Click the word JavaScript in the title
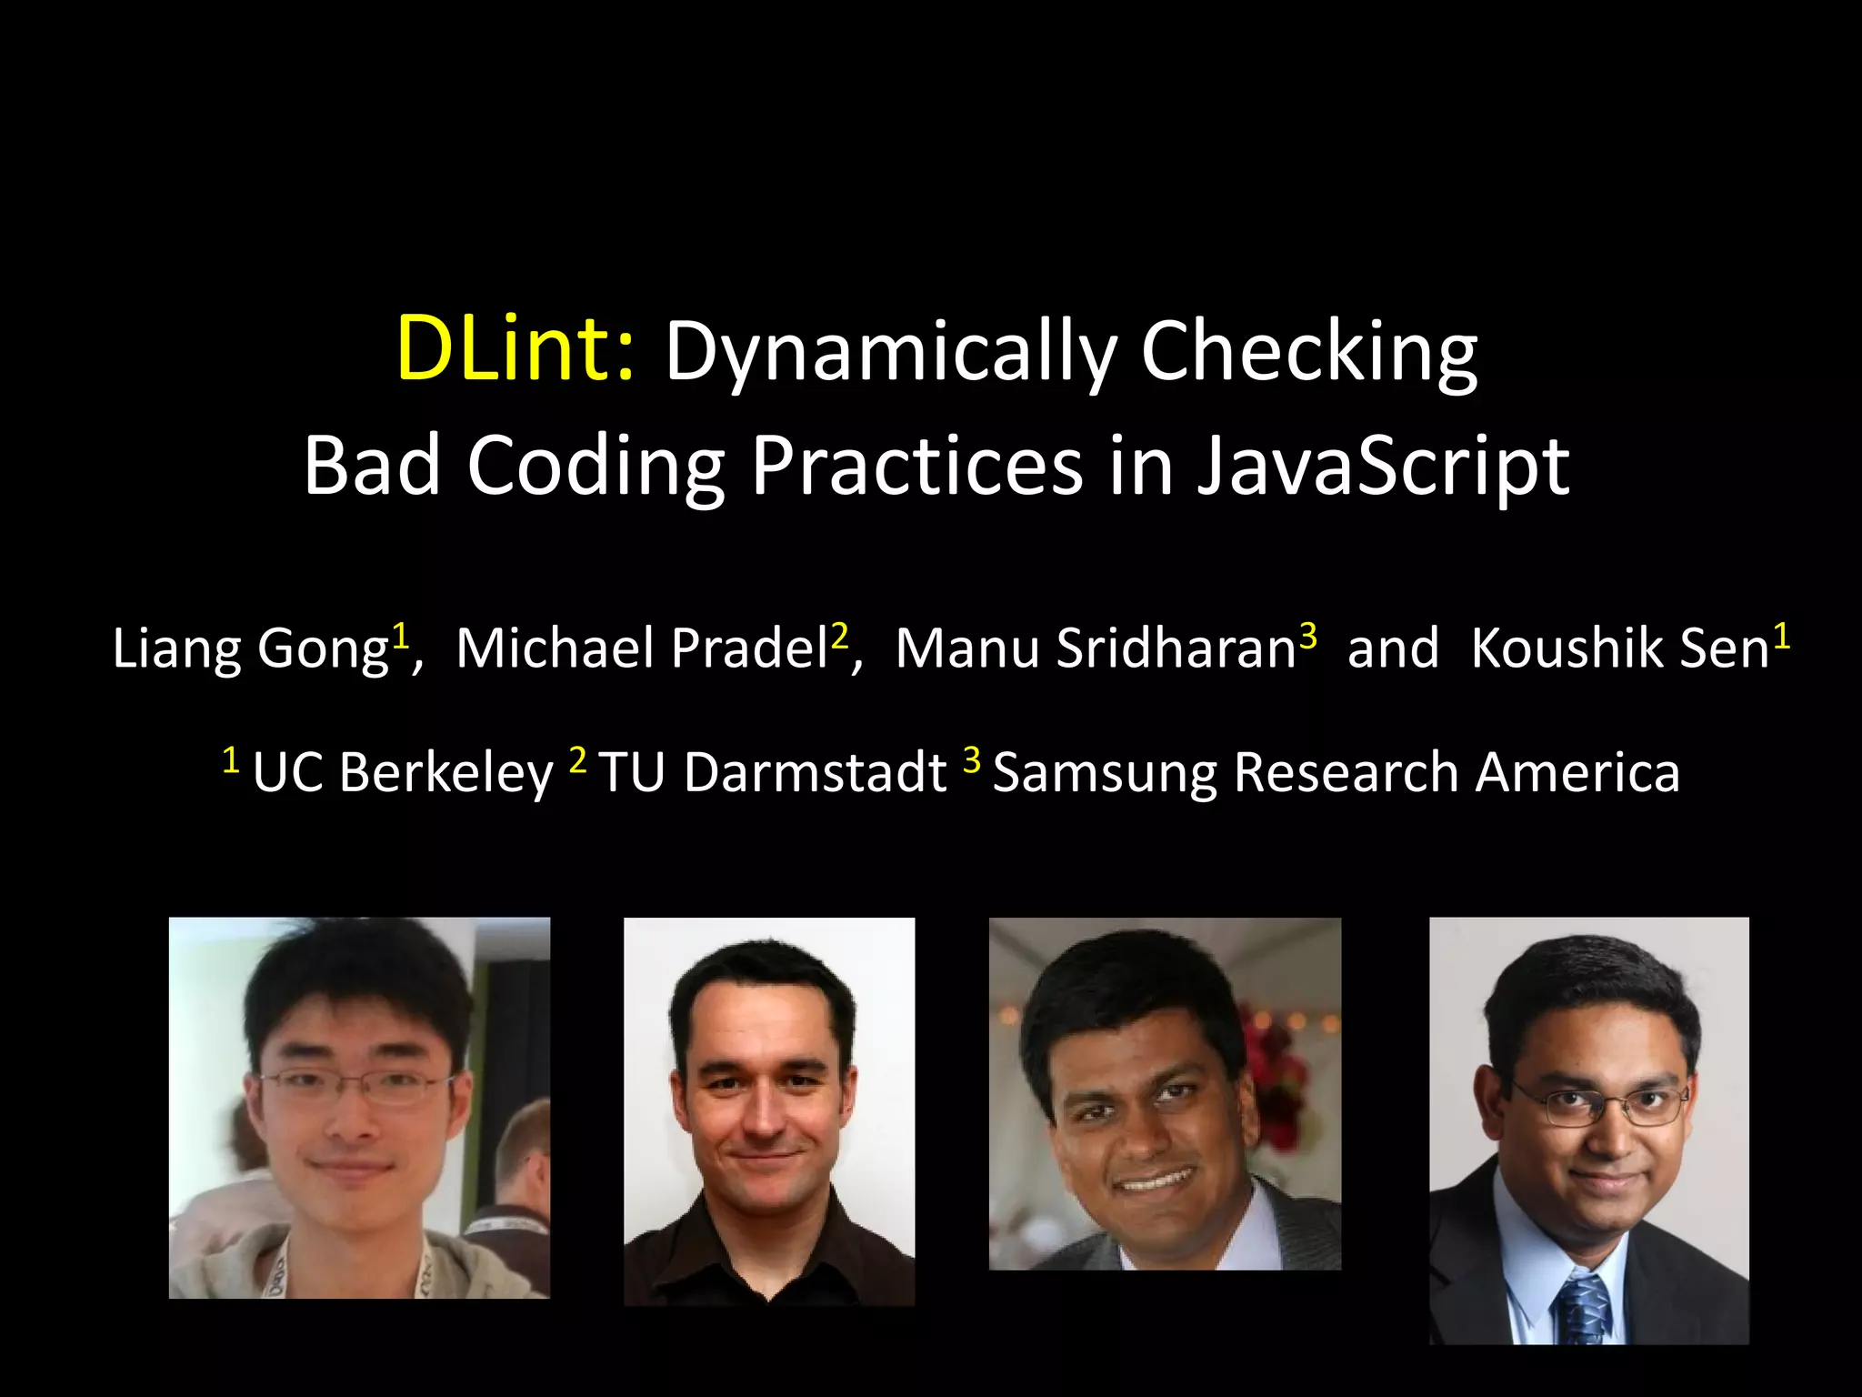click(x=1382, y=466)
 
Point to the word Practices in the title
click(x=916, y=466)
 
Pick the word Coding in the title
click(x=596, y=466)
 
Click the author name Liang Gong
click(x=250, y=649)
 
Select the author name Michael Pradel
click(x=642, y=649)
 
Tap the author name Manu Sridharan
click(x=1095, y=649)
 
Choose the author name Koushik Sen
click(x=1619, y=649)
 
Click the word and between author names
click(x=1393, y=649)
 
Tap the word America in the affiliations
click(x=1577, y=773)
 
